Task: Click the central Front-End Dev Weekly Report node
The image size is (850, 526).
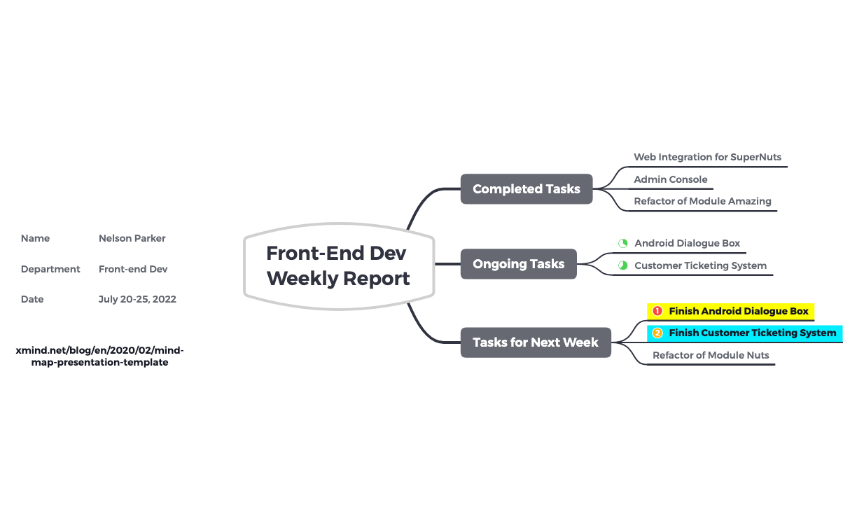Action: (339, 266)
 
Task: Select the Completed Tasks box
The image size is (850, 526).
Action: (527, 189)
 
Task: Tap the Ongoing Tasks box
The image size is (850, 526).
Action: (518, 264)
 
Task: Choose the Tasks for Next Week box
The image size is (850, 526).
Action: (536, 342)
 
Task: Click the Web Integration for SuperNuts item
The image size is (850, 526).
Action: (707, 157)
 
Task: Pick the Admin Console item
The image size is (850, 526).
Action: (671, 179)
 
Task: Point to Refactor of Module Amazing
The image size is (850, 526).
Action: (702, 201)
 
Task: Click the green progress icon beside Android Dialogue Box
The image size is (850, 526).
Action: (622, 243)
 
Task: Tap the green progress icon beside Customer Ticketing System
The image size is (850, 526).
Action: (622, 265)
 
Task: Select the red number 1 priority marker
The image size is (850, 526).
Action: (657, 311)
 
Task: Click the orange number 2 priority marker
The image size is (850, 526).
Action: (657, 333)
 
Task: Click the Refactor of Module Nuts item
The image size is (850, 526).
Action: (711, 355)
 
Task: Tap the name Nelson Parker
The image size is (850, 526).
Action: (132, 238)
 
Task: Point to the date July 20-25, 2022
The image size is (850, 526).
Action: (137, 299)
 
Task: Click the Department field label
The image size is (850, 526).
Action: (50, 269)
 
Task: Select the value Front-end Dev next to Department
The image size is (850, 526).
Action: (133, 269)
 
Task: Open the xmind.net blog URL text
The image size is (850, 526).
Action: (100, 356)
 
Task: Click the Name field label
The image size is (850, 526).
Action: (35, 238)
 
